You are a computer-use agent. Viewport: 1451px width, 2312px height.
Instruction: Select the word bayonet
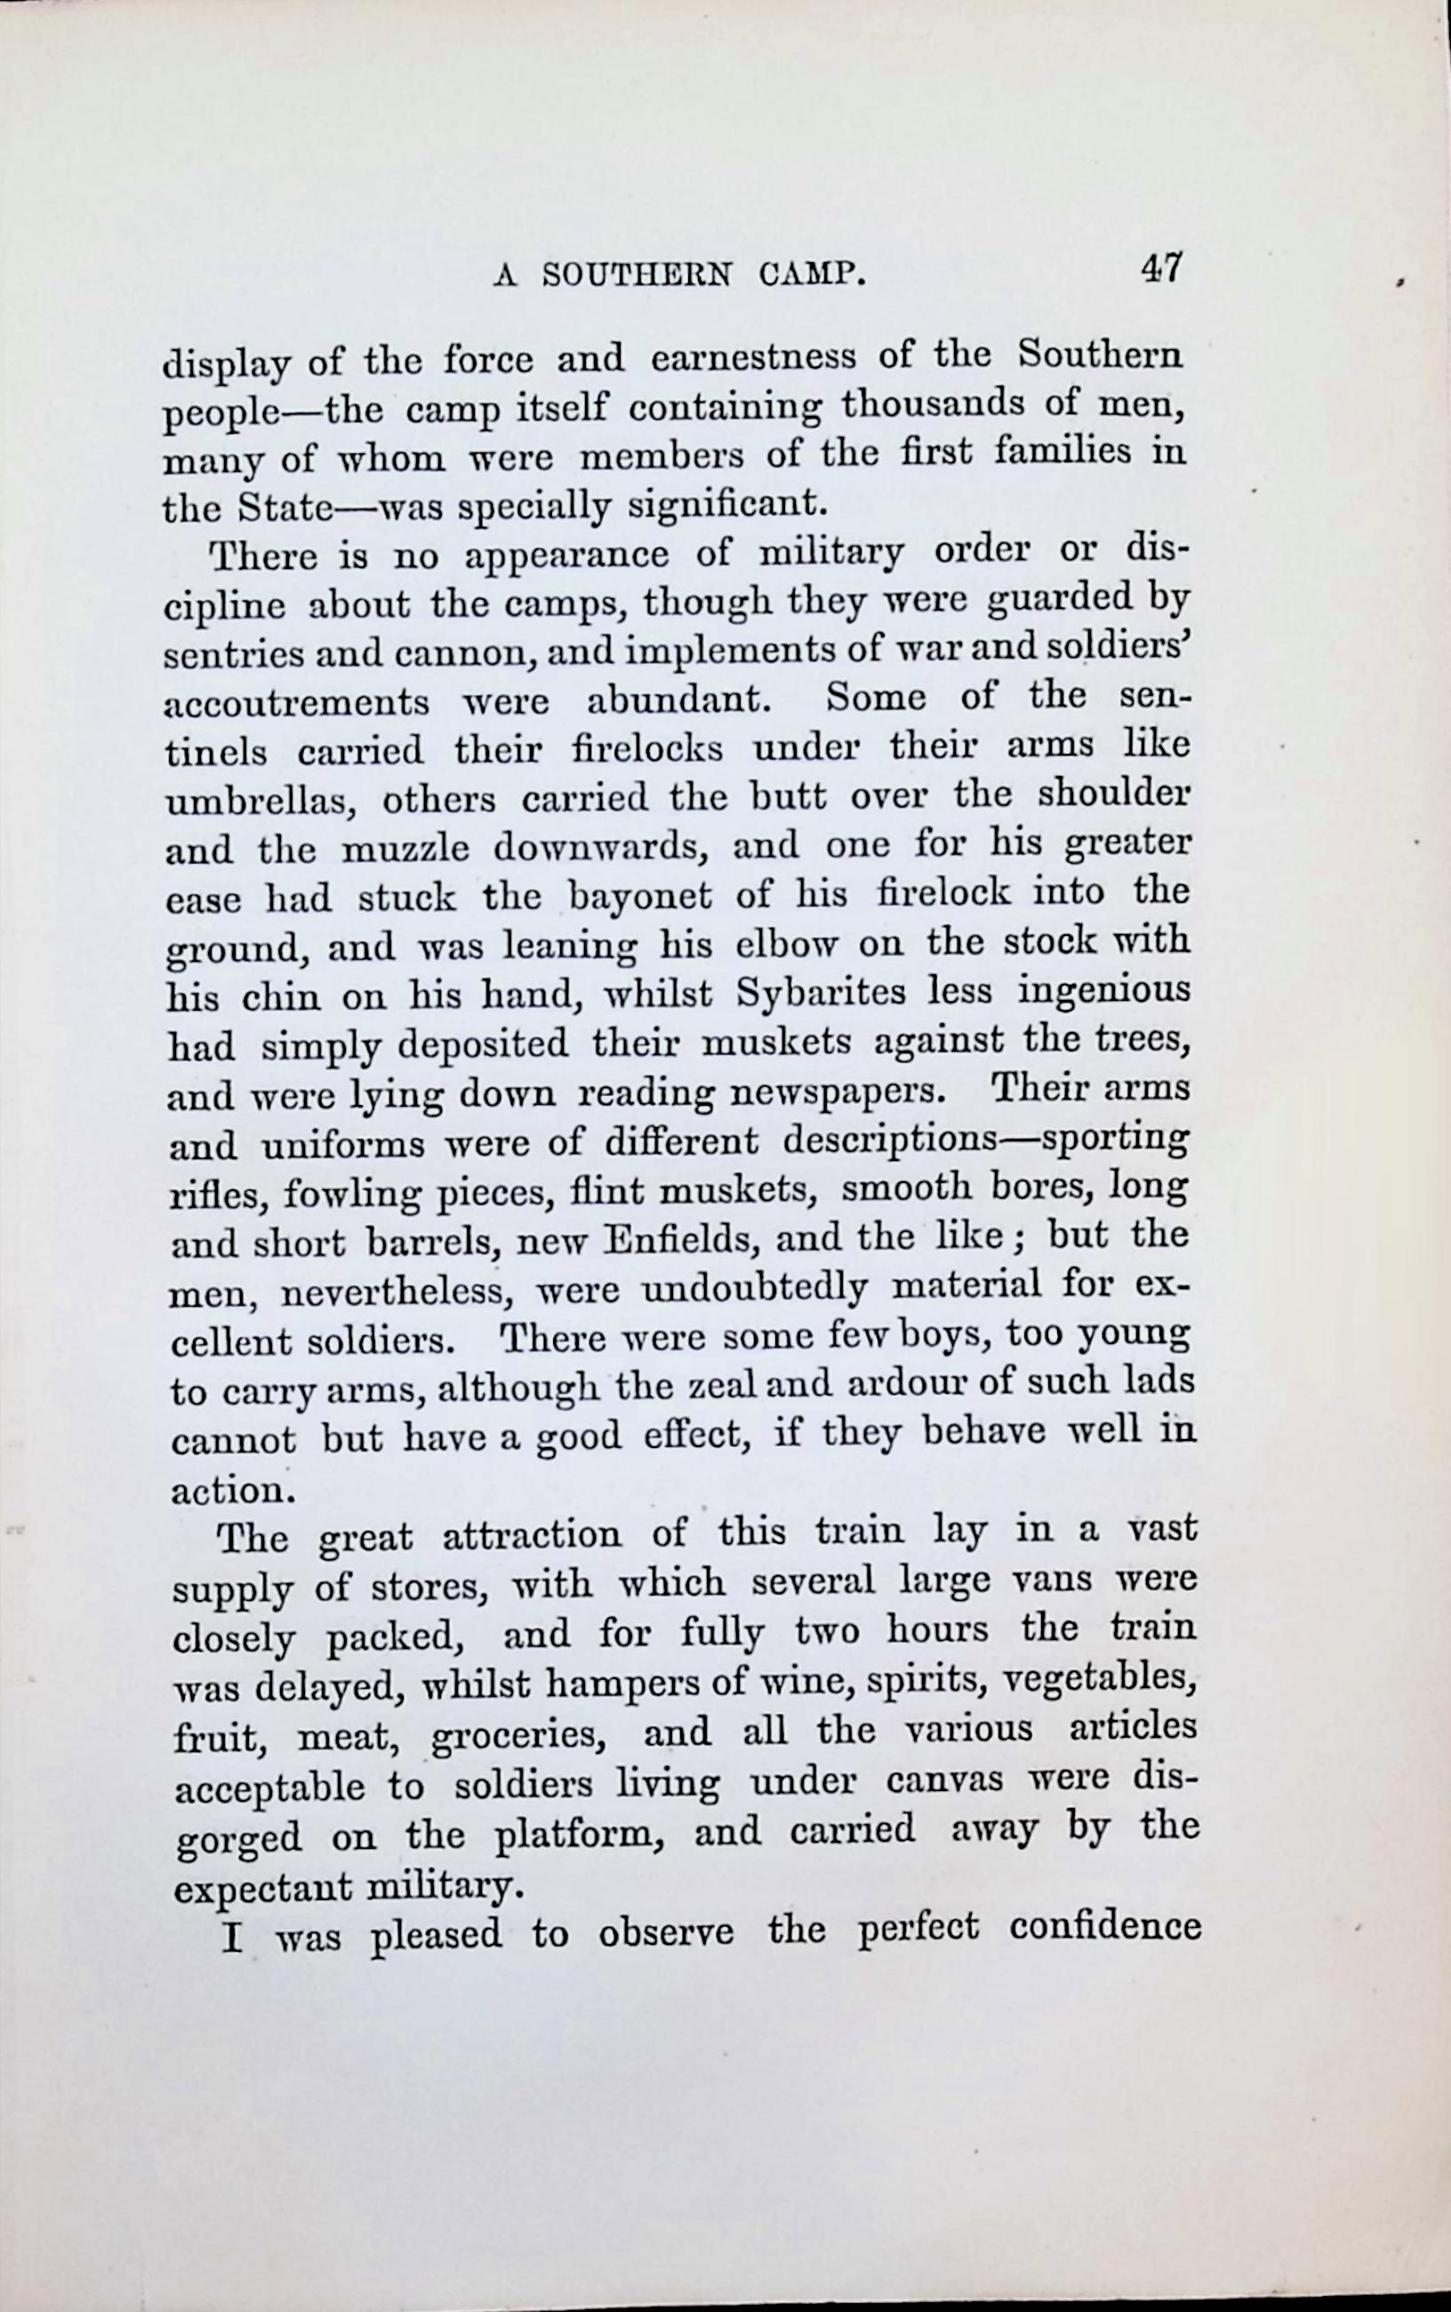click(x=639, y=897)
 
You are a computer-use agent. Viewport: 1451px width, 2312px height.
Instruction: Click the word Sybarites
click(x=821, y=993)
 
